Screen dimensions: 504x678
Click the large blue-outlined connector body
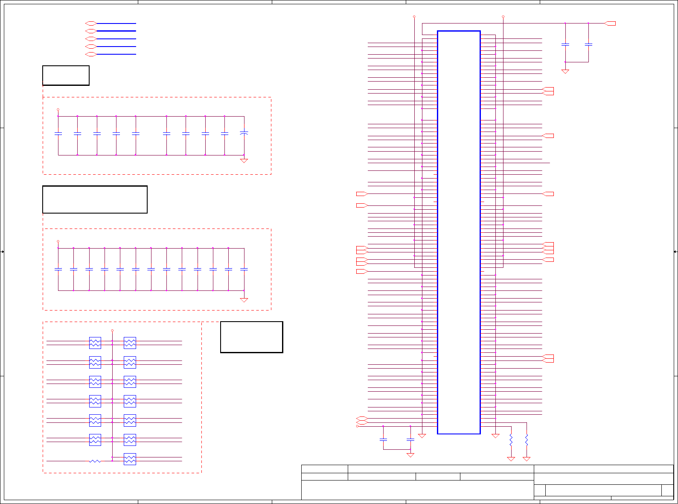coord(459,232)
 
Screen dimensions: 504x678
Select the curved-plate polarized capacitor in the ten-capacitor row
coord(244,134)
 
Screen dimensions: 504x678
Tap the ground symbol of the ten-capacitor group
coord(244,161)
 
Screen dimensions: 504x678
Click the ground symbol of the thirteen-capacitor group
coord(244,300)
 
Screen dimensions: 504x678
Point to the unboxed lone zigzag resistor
coord(95,461)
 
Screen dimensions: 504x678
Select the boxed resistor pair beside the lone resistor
coord(130,459)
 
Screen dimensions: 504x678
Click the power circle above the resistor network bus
coord(112,331)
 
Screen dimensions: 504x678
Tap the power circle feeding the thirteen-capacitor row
coord(58,241)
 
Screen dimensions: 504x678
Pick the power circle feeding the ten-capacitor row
coord(58,110)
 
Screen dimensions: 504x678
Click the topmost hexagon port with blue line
coord(90,23)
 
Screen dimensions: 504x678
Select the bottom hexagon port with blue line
coord(90,54)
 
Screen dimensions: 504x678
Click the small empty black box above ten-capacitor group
coord(66,76)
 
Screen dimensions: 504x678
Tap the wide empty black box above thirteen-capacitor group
coord(95,199)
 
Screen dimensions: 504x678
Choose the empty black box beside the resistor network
coord(251,337)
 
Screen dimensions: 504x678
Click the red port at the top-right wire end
coord(611,23)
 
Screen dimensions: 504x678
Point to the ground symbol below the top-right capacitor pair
coord(565,71)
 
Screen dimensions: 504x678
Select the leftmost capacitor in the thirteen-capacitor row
coord(58,269)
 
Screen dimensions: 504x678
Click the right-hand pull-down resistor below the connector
coord(527,440)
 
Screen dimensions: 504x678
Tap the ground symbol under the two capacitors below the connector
coord(410,455)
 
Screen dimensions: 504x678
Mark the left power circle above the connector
coord(414,17)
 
